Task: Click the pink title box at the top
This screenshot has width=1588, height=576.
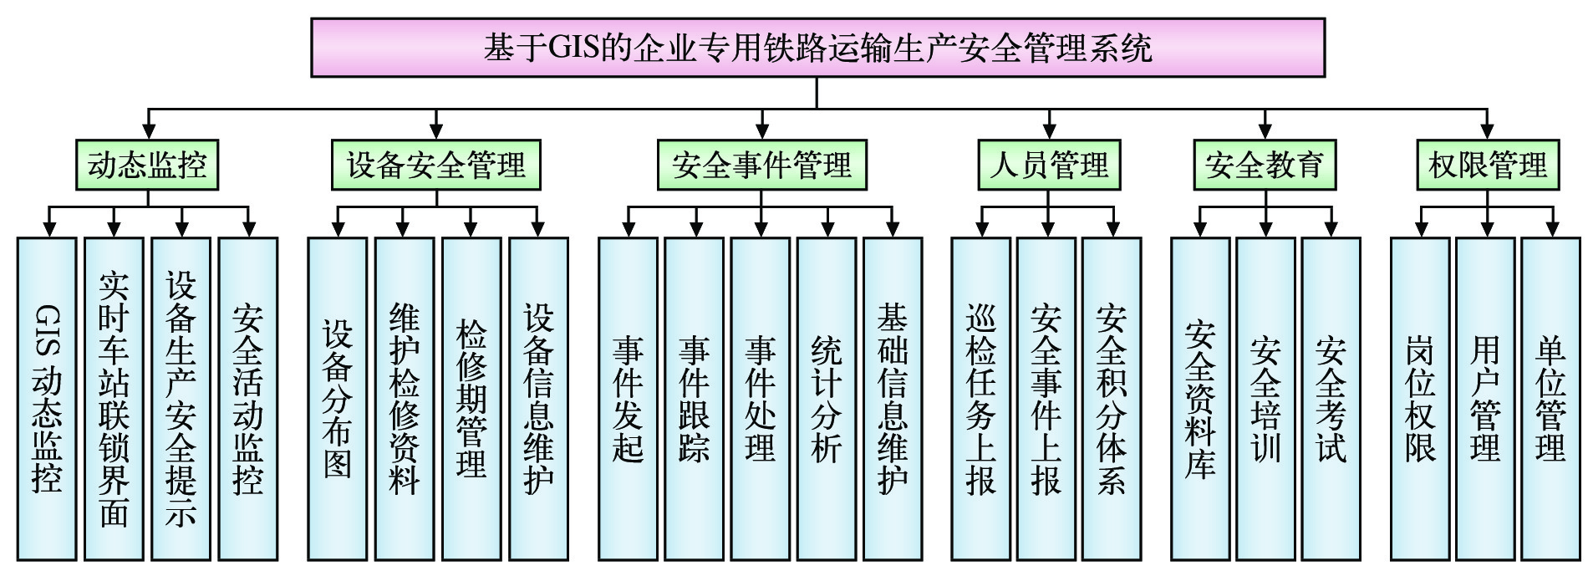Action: (817, 48)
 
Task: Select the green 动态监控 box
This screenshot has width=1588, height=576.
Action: (147, 165)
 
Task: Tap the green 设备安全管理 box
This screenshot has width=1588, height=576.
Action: (435, 165)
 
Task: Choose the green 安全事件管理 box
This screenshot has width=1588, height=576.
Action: (761, 165)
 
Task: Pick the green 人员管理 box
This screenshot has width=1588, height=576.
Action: (1049, 165)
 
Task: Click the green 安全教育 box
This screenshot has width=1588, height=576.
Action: (1264, 165)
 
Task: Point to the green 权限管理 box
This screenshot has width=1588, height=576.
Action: (1488, 165)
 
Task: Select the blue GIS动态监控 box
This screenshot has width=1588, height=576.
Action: (47, 399)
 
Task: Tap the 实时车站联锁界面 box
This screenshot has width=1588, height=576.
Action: (114, 399)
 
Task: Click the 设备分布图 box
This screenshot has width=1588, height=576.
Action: (337, 399)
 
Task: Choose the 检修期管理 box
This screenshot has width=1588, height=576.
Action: (471, 399)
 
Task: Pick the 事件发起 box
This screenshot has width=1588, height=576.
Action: (628, 399)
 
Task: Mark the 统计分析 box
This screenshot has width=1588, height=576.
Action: (827, 399)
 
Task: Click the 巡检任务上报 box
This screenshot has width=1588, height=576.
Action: (980, 399)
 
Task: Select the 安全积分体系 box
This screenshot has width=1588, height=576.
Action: (1112, 399)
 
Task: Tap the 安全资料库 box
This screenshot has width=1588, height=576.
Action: (1200, 399)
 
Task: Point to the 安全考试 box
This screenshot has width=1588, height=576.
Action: (1331, 399)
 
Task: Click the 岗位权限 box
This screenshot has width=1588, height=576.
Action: (1420, 399)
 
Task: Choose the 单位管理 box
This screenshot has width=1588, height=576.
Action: (1550, 399)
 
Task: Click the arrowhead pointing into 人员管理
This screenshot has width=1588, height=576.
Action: (1049, 131)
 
